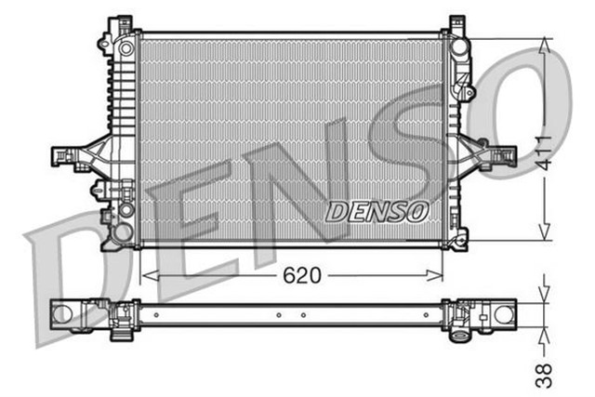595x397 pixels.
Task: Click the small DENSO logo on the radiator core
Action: tap(376, 212)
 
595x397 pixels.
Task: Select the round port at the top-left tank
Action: tap(126, 46)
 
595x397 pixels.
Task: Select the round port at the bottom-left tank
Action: tap(126, 211)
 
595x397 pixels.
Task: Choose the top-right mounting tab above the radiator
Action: tap(456, 23)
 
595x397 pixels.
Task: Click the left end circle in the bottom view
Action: tap(61, 313)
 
